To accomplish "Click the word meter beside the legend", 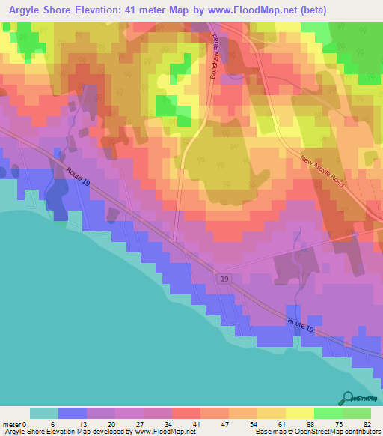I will tap(13, 423).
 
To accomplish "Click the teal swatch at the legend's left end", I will tap(43, 413).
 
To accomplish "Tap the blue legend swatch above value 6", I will tap(72, 413).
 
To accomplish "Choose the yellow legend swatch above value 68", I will tap(299, 413).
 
